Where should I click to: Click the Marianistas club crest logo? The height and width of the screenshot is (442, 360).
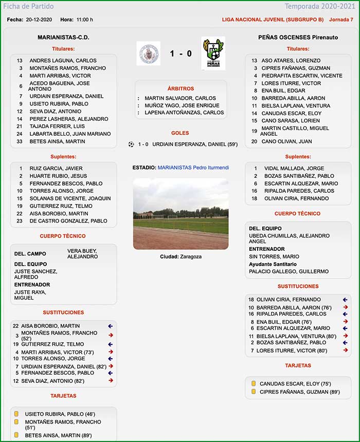click(x=148, y=53)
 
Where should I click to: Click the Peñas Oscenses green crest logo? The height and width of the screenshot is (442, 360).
click(x=213, y=53)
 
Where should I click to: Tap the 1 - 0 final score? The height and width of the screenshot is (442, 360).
click(x=181, y=53)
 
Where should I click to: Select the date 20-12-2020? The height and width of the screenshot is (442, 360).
click(x=40, y=20)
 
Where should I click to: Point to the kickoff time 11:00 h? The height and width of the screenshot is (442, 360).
click(x=84, y=20)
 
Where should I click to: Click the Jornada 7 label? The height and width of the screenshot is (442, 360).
click(x=341, y=20)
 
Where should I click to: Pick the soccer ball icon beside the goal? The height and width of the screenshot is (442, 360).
click(x=131, y=144)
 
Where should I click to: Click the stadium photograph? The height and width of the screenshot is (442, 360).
click(x=181, y=213)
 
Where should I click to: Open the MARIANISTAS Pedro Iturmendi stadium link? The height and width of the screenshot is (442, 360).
click(x=193, y=168)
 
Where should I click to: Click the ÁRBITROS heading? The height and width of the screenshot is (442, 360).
click(x=181, y=89)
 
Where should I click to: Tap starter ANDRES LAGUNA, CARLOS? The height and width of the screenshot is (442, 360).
click(x=63, y=61)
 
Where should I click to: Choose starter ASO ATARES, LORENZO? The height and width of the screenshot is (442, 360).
click(x=291, y=61)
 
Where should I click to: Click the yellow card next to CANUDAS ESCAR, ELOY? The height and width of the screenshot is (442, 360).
click(x=253, y=383)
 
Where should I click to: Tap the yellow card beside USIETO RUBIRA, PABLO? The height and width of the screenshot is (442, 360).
click(x=16, y=414)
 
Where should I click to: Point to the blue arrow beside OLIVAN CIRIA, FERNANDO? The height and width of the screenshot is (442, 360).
click(x=346, y=299)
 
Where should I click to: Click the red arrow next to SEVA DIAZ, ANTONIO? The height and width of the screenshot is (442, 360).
click(x=111, y=381)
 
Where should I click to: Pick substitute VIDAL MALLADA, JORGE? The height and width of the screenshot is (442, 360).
click(x=294, y=168)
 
